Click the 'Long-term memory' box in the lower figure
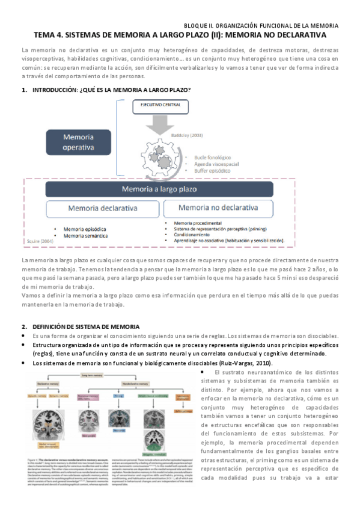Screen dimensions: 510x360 [100, 375]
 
